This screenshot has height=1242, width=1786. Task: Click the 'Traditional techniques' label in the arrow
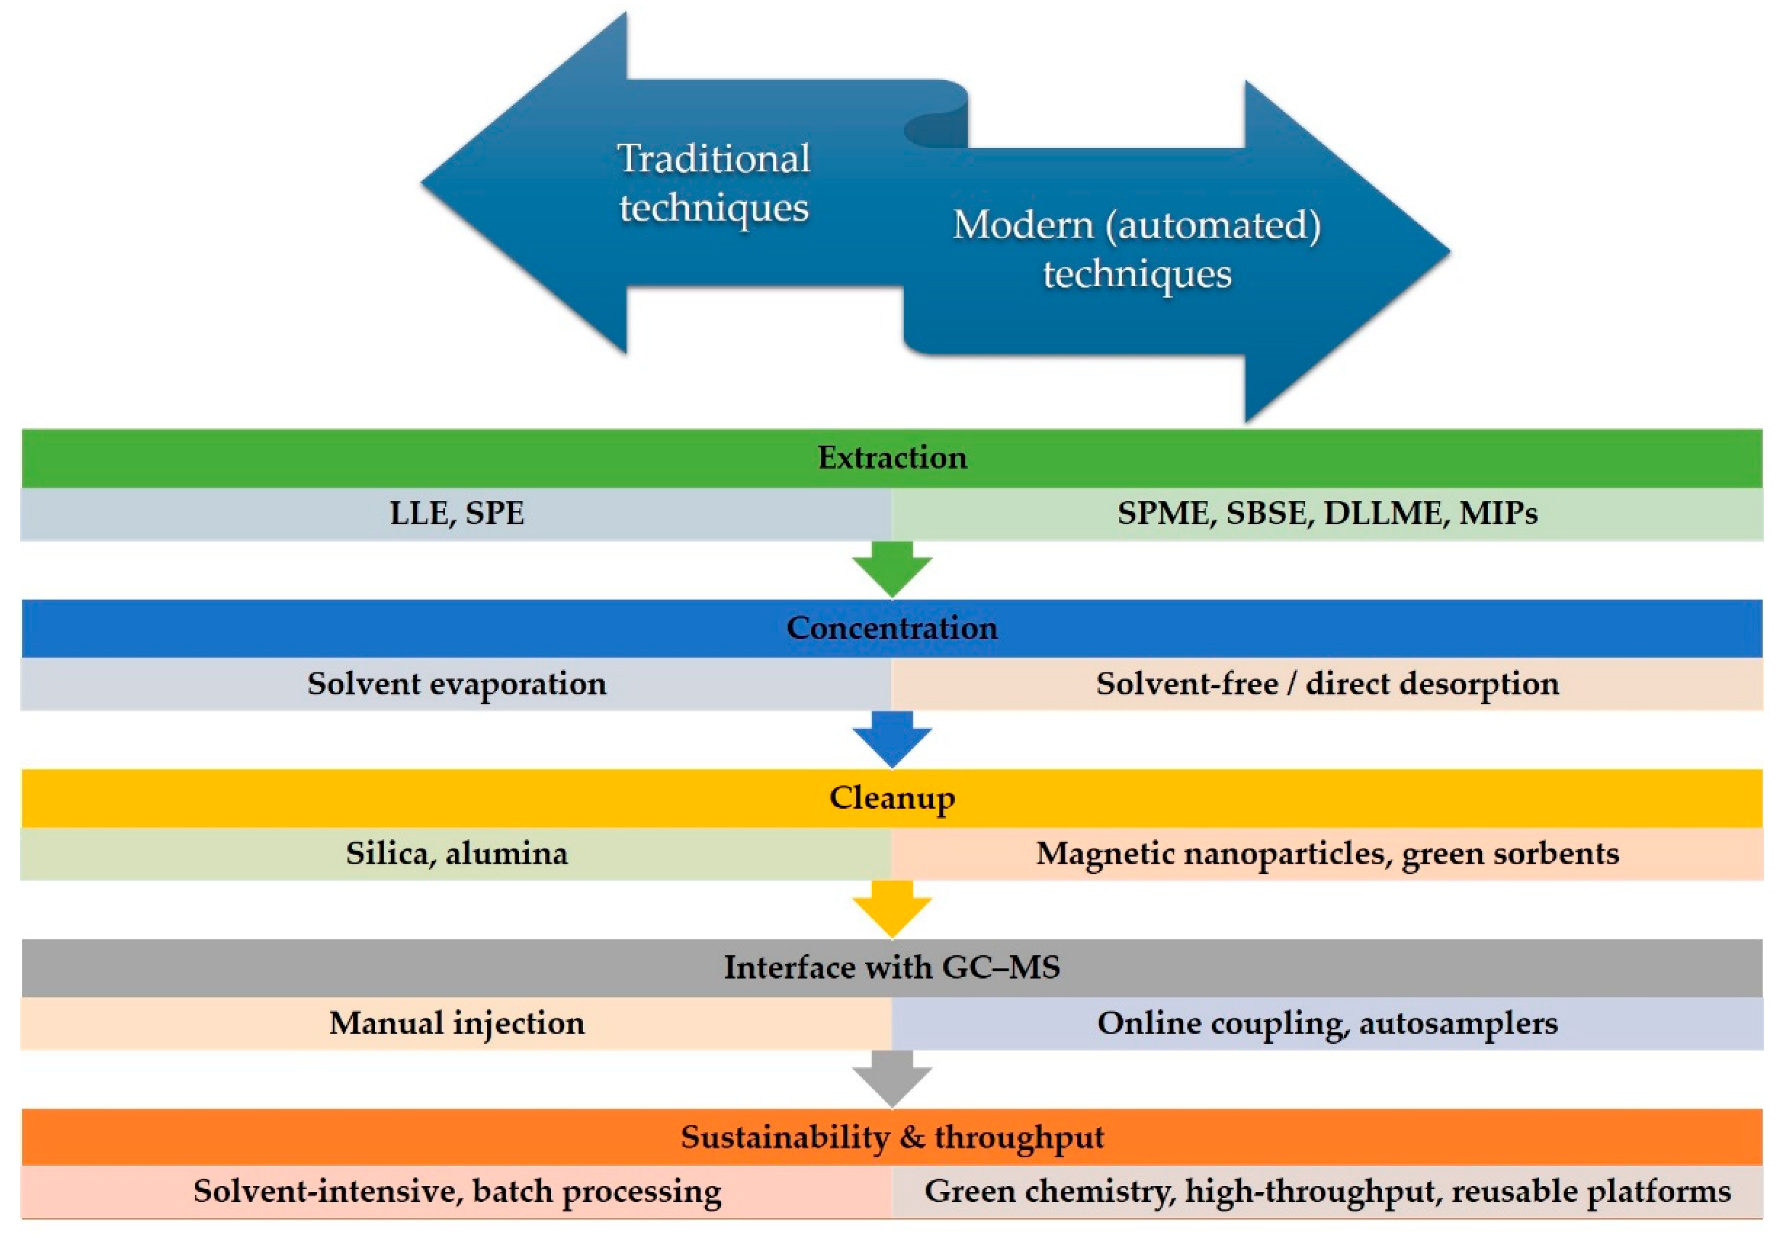point(713,183)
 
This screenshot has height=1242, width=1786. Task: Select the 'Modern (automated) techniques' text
point(1136,249)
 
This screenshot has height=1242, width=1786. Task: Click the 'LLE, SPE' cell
point(457,513)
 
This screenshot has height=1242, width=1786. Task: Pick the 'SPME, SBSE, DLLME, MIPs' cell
point(1327,513)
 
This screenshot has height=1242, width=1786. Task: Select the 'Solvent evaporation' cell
point(457,684)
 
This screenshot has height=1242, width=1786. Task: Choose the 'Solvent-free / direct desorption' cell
point(1327,684)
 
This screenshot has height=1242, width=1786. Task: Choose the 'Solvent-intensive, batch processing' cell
point(457,1191)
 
